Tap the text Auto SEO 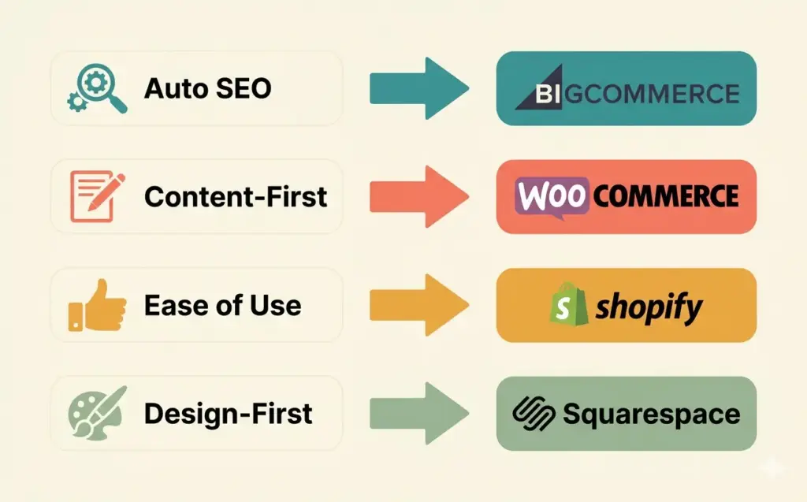coord(208,88)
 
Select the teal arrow coord(418,88)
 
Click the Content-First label coord(236,197)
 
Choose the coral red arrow coord(418,197)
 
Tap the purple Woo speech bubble coord(553,197)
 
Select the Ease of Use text coord(223,306)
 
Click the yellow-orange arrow coord(418,306)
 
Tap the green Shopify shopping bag coord(568,305)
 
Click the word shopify coord(649,307)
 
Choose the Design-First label coord(229,414)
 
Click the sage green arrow coord(418,414)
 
